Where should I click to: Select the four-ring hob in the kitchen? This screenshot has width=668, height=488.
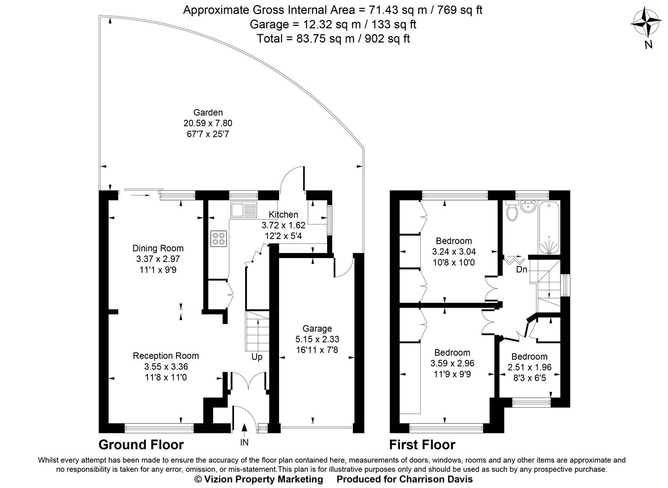click(x=219, y=238)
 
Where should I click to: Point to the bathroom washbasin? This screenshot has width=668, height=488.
click(x=527, y=207)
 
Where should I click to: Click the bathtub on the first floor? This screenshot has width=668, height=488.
click(x=549, y=227)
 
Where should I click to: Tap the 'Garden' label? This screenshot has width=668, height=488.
click(x=208, y=113)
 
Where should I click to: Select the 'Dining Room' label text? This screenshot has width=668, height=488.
click(x=158, y=248)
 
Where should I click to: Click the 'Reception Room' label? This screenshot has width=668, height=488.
click(x=166, y=356)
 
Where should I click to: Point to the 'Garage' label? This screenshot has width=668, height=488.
click(x=317, y=328)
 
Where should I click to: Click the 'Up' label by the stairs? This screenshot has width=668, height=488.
click(x=257, y=357)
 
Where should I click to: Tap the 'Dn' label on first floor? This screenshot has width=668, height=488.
click(x=521, y=270)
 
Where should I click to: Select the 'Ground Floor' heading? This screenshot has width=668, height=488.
click(x=141, y=445)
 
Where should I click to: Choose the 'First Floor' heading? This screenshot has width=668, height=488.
click(x=422, y=445)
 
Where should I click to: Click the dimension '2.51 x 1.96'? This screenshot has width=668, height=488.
click(x=530, y=367)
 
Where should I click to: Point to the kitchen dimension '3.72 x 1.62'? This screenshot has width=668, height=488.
click(x=283, y=225)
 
